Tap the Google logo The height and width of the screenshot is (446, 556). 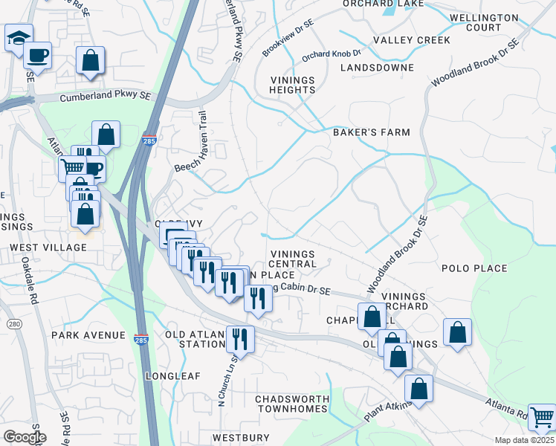pos(24,437)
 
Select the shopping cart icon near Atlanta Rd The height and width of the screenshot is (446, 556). pos(542,418)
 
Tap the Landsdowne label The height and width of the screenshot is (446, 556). pos(377,68)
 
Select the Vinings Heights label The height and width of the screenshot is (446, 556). pos(293,85)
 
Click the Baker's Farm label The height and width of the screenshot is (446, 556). pos(371,132)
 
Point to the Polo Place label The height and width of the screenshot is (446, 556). pos(474,268)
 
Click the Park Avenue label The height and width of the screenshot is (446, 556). pos(88,335)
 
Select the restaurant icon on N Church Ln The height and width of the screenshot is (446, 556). pos(239,338)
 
